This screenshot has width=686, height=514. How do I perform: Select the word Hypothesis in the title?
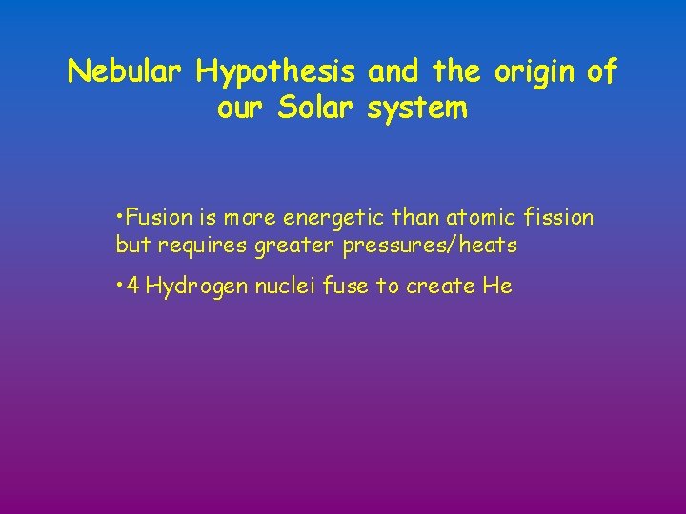[x=276, y=71]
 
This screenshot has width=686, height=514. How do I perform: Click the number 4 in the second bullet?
[x=132, y=286]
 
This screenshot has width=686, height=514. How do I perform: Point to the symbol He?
[x=497, y=286]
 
